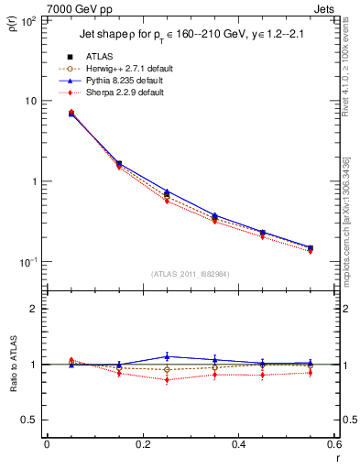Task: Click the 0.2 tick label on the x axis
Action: point(142,446)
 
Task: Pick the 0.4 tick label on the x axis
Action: point(238,446)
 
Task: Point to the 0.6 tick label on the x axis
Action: point(333,446)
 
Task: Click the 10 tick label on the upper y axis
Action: point(31,101)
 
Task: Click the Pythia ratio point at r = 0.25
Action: point(167,356)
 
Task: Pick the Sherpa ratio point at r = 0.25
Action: point(167,379)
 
